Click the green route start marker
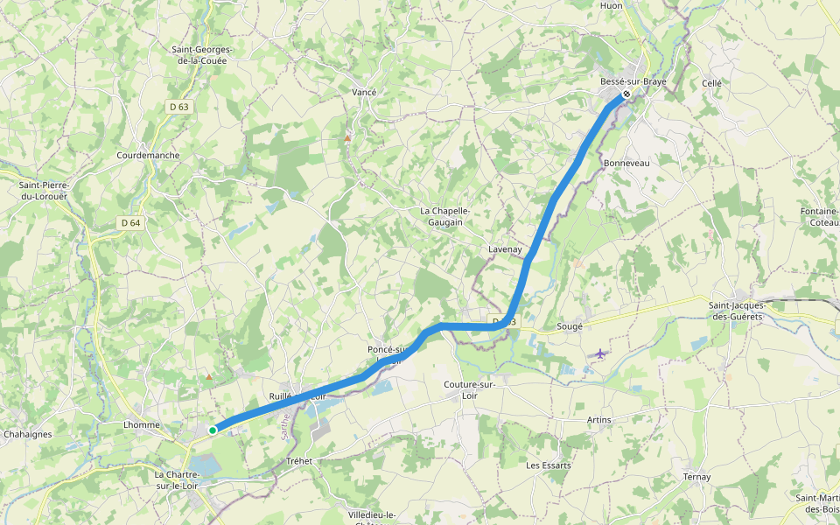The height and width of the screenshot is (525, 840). (213, 430)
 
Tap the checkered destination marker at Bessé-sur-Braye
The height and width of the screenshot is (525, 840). (626, 94)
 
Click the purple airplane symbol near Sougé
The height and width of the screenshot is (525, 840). (600, 353)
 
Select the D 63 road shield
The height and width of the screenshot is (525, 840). (178, 107)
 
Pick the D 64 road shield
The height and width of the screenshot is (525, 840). (130, 223)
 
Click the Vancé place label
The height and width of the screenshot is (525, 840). (363, 92)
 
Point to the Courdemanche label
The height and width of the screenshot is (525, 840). (148, 155)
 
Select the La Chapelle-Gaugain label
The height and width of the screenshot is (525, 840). (445, 216)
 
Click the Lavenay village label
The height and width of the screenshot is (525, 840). (505, 249)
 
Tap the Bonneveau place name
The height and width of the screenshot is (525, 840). (626, 164)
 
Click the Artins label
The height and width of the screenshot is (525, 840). (599, 420)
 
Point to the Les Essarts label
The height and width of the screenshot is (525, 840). (549, 465)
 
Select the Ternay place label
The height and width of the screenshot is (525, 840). (697, 477)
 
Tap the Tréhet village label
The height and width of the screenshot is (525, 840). (298, 461)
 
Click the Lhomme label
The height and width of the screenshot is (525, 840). (142, 425)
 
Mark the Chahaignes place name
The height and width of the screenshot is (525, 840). (28, 434)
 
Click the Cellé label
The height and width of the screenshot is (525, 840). (711, 83)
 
